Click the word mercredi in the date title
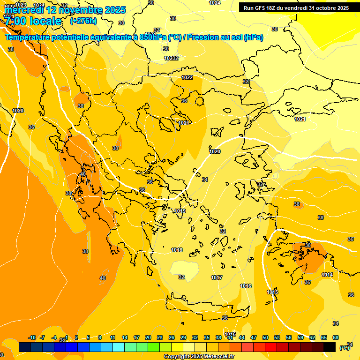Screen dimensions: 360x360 pyautogui.click(x=23, y=10)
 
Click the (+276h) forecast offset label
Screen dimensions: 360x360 pyautogui.click(x=83, y=21)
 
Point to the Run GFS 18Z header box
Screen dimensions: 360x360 pyautogui.click(x=296, y=7)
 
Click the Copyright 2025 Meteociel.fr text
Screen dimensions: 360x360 pyautogui.click(x=199, y=356)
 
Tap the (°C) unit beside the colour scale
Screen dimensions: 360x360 pyautogui.click(x=344, y=347)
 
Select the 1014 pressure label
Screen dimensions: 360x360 pyautogui.click(x=327, y=275)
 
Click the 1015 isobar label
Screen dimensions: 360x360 pyautogui.click(x=272, y=292)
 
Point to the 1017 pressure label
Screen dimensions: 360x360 pyautogui.click(x=216, y=277)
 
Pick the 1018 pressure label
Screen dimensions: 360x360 pyautogui.click(x=177, y=250)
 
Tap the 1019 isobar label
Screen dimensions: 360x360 pyautogui.click(x=180, y=211)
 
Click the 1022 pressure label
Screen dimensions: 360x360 pyautogui.click(x=187, y=77)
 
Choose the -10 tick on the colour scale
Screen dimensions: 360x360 pyautogui.click(x=32, y=337)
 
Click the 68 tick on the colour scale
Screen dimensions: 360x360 pyautogui.click(x=336, y=337)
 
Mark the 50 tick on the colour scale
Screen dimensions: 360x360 pyautogui.click(x=265, y=337)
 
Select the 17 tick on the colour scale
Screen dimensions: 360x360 pyautogui.click(x=136, y=337)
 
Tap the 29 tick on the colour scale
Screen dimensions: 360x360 pyautogui.click(x=183, y=337)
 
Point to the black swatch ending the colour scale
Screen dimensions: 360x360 pyautogui.click(x=330, y=347)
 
